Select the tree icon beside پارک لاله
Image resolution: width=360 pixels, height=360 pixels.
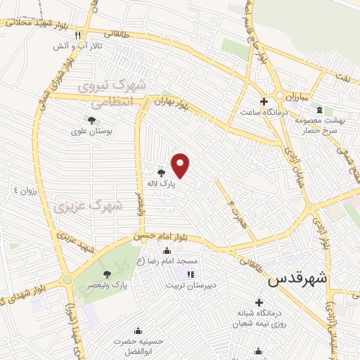162,172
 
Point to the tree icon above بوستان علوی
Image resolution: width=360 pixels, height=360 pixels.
92,120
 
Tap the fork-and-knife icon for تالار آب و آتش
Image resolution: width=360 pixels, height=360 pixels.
78,35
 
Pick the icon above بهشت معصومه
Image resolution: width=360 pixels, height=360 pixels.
321,110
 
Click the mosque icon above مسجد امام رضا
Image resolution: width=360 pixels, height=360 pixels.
167,251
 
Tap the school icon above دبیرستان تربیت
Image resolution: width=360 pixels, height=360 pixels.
189,274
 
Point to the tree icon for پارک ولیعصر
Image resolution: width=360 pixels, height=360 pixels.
107,275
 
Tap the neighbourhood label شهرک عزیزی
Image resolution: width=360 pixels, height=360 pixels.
88,206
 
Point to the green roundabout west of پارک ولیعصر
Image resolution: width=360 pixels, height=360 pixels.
67,280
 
